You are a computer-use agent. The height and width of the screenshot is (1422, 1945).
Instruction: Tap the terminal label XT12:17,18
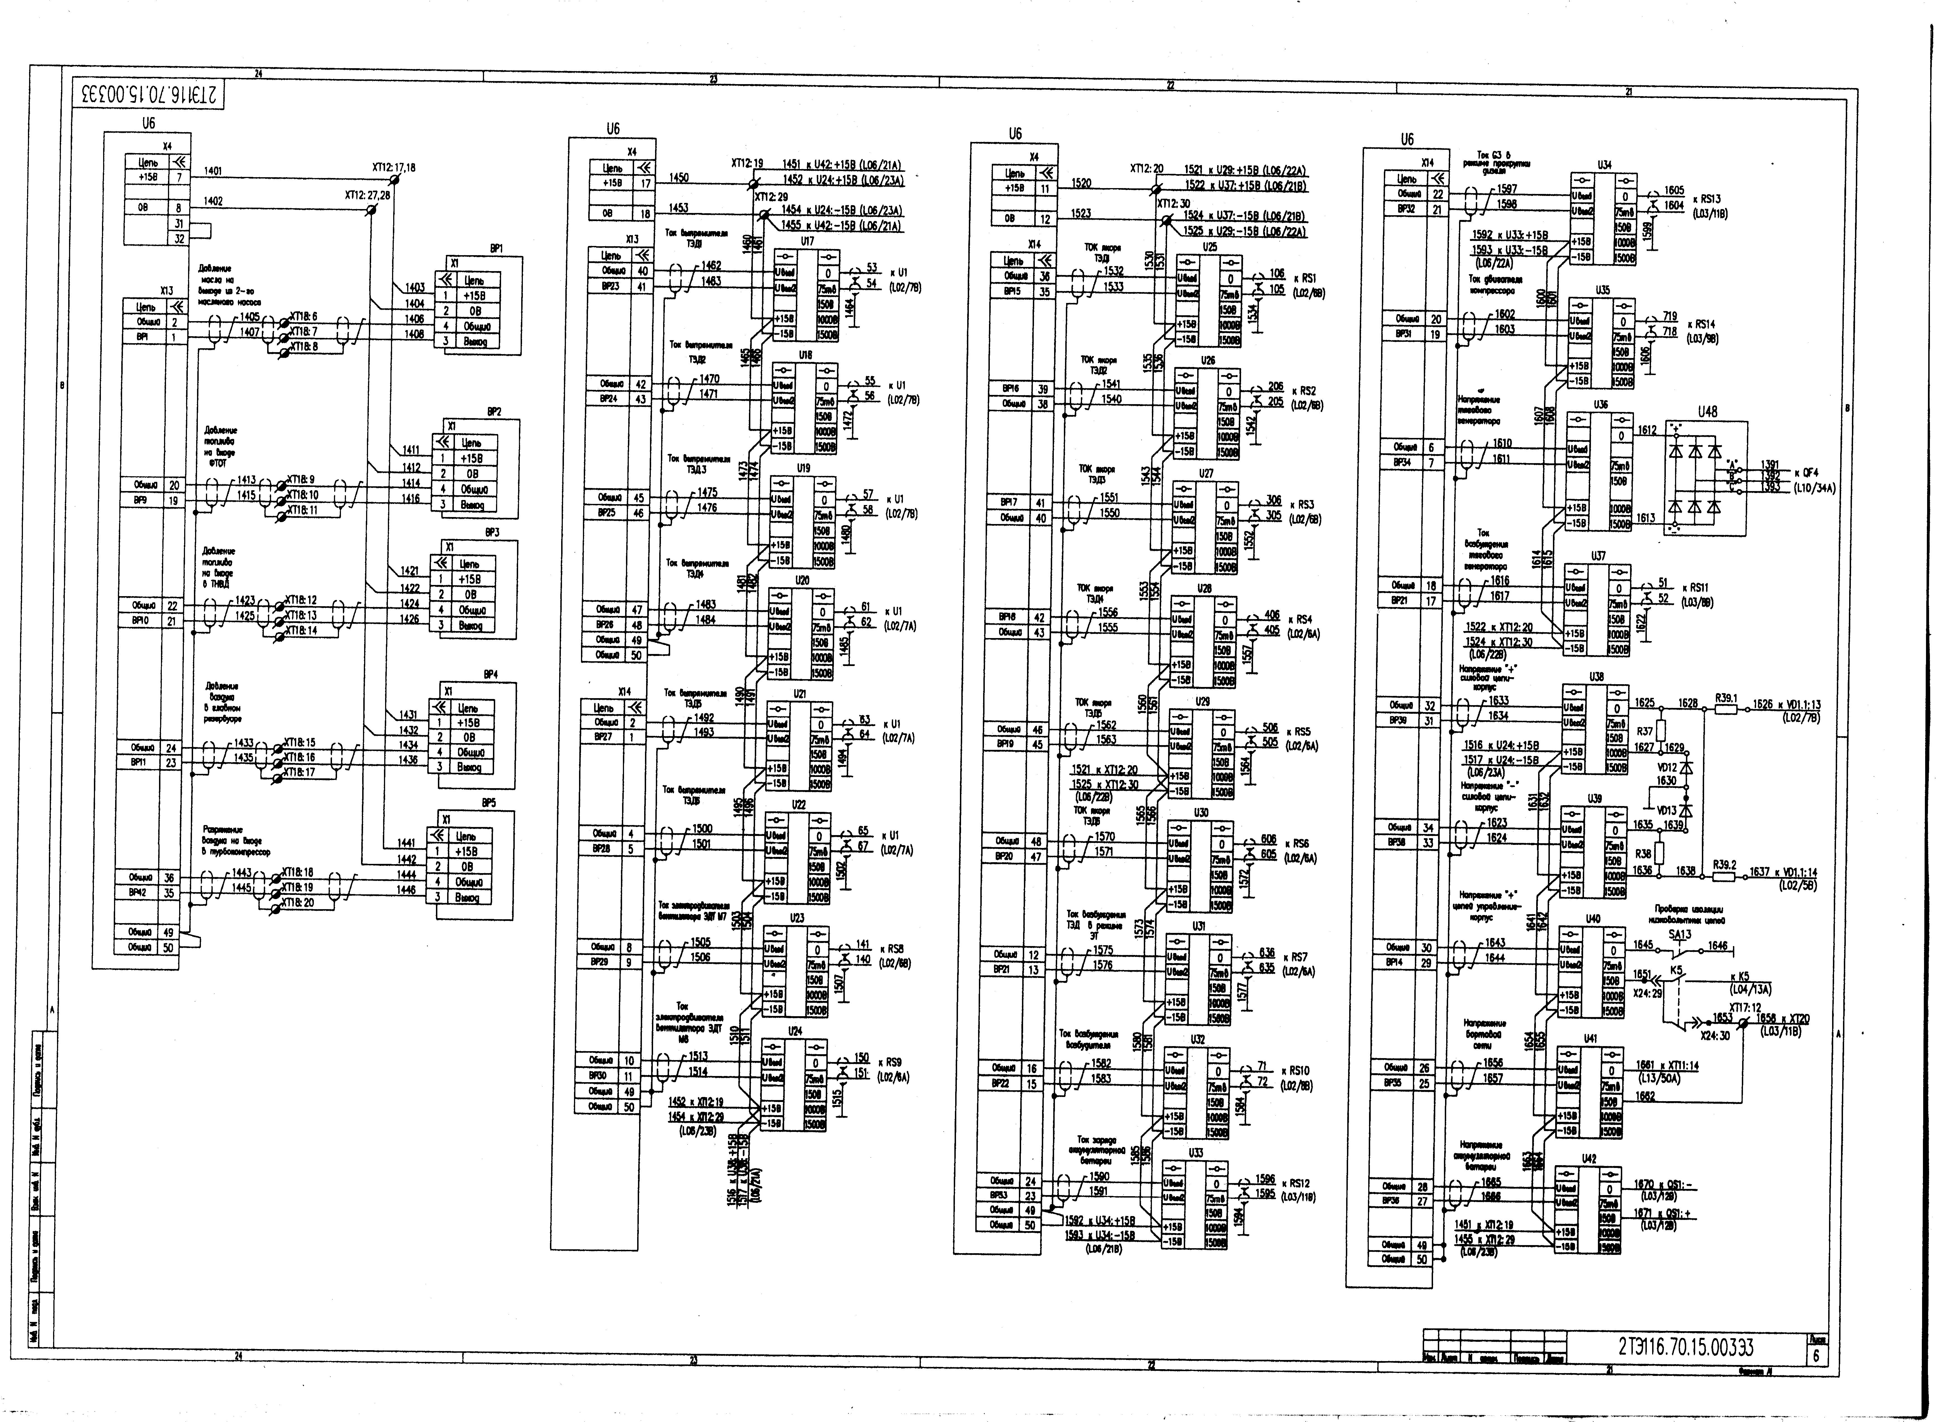[x=393, y=168]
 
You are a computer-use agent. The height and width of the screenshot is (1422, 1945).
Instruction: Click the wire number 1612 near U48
[x=1646, y=430]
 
